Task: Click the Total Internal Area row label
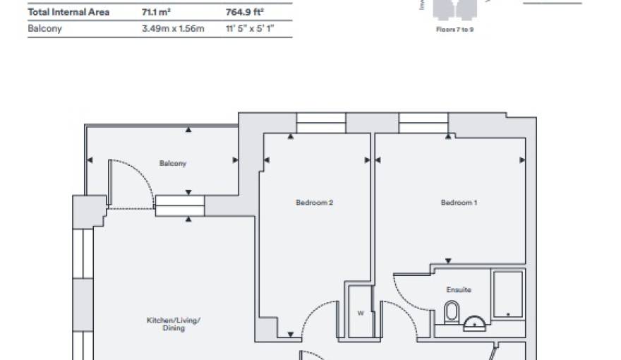[x=68, y=12]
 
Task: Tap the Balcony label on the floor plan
[x=173, y=163]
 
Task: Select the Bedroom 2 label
[x=314, y=203]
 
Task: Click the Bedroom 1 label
[x=459, y=203]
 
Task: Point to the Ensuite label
[x=459, y=289]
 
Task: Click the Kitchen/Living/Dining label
[x=174, y=324]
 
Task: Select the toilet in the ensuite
[x=452, y=311]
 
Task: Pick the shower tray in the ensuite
[x=507, y=293]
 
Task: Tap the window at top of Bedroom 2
[x=321, y=123]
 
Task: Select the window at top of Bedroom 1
[x=423, y=123]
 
